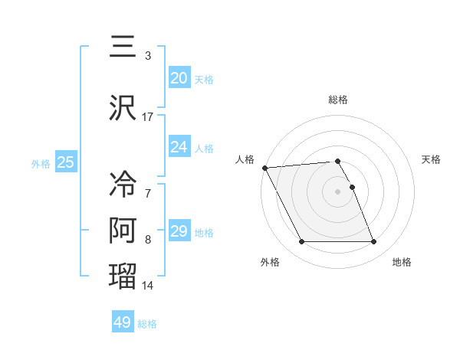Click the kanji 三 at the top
coord(123,47)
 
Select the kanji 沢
coord(123,106)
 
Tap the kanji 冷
coord(123,185)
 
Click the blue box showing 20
coord(179,77)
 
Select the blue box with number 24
coord(179,146)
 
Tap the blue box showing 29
coord(179,231)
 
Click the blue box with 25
coord(66,162)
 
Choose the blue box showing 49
coord(123,322)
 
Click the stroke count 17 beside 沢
coord(148,117)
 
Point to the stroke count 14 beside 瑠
coord(148,286)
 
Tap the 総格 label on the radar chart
coord(338,100)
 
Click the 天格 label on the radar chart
coord(432,159)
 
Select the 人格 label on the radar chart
coord(245,159)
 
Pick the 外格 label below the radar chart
coord(269,262)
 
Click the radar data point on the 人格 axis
coord(264,168)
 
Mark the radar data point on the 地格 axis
coord(374,242)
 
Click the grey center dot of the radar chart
coord(338,191)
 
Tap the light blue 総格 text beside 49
coord(147,324)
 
